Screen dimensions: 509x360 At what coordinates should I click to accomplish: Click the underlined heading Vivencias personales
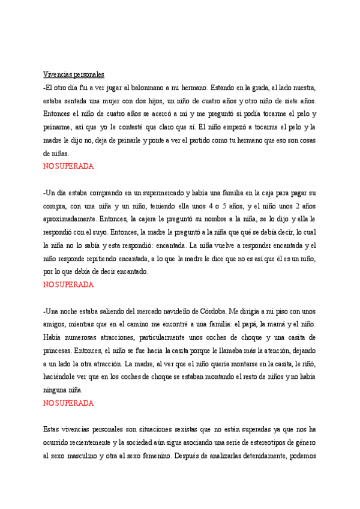[x=74, y=74]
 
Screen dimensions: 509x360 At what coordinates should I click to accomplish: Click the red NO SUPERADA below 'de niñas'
[x=68, y=166]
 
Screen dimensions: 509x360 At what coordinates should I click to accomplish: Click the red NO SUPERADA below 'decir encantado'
[x=68, y=285]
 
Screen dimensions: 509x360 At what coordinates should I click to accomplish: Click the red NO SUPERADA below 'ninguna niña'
[x=68, y=403]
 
